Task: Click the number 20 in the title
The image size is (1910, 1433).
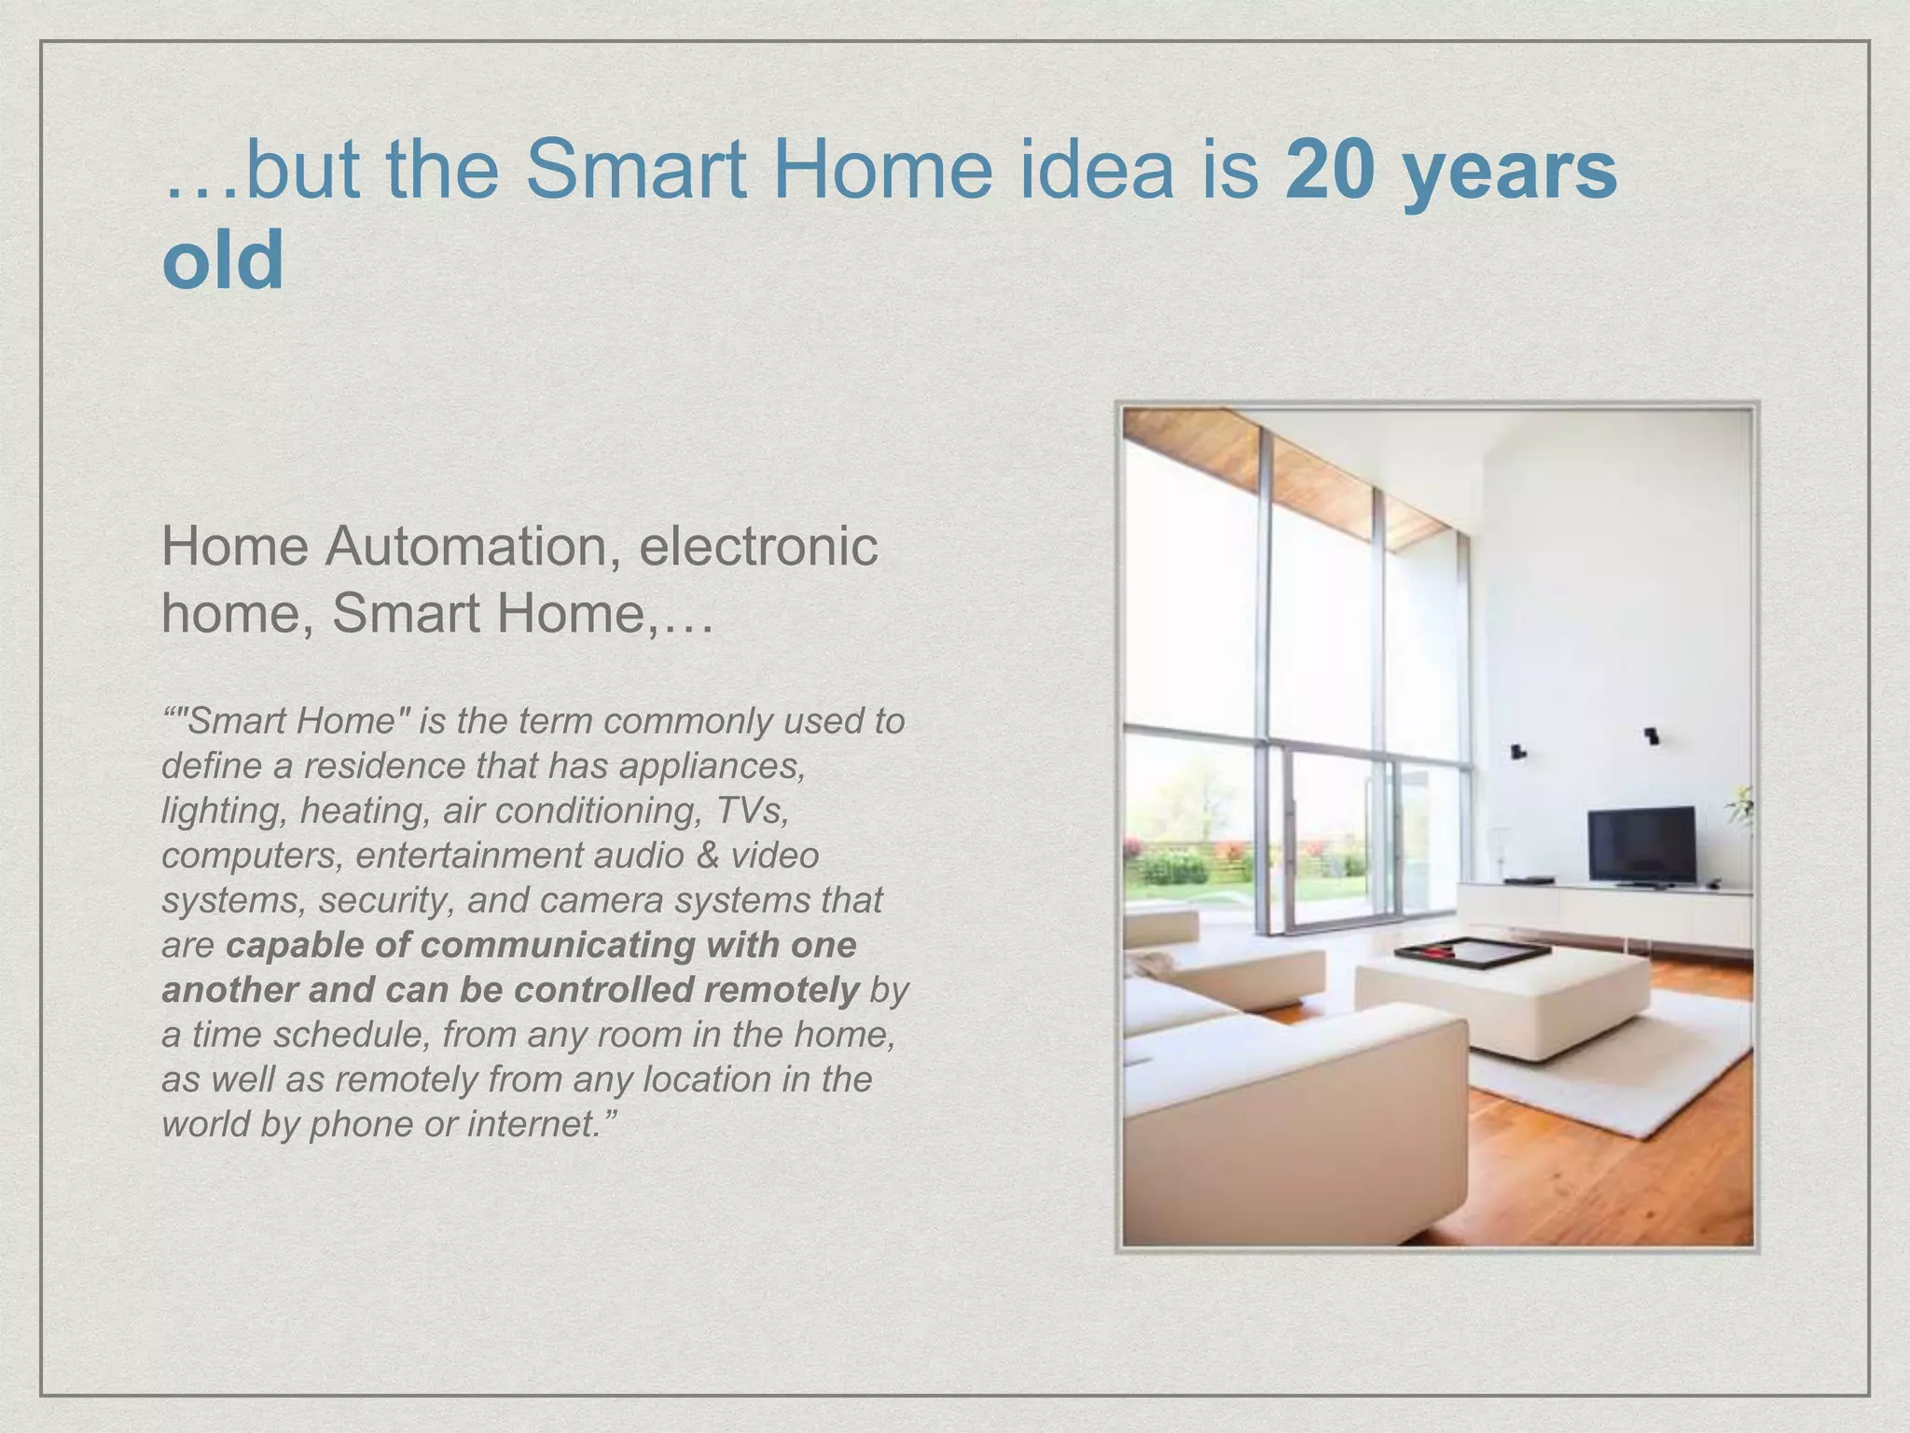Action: pos(1332,170)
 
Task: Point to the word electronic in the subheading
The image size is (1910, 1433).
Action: pos(758,546)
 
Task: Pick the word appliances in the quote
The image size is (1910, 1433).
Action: pos(711,766)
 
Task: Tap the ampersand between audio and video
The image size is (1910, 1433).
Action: pos(707,856)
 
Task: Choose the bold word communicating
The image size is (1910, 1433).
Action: pos(558,945)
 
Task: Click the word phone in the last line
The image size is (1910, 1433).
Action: pos(360,1124)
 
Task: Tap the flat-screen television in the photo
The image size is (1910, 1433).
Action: pos(1641,844)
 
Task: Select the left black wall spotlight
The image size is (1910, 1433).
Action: pos(1517,750)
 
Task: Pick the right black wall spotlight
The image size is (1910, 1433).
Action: pos(1651,736)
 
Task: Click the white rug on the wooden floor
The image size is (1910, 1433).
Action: pos(1641,1064)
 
